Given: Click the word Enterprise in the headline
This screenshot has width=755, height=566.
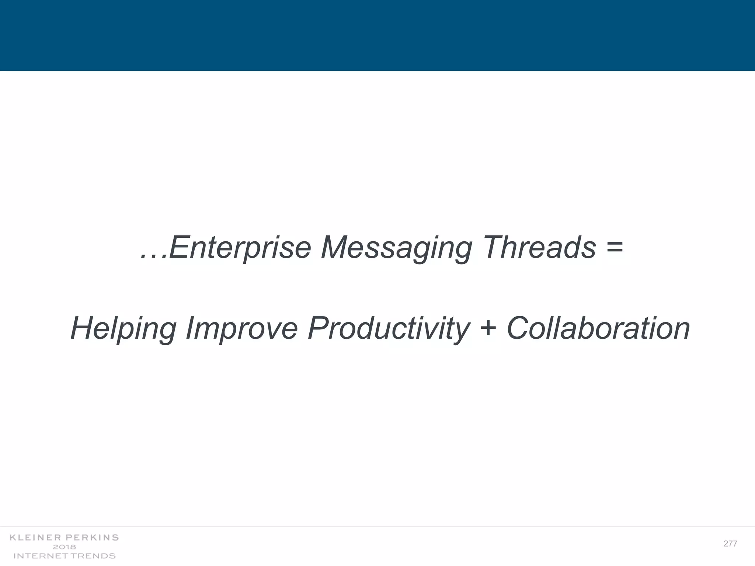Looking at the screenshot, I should click(x=240, y=248).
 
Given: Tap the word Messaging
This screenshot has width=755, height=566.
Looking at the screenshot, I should click(x=396, y=248).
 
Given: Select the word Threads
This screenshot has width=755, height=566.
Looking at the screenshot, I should click(x=539, y=247).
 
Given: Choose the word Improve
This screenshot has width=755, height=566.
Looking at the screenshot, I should click(x=241, y=329).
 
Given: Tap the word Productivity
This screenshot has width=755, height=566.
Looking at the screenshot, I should click(x=388, y=329).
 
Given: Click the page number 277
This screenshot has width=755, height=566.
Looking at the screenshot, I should click(x=730, y=544).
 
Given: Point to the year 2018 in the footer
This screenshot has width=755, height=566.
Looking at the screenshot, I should click(x=65, y=547).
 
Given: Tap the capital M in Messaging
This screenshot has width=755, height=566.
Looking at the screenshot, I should click(x=334, y=247).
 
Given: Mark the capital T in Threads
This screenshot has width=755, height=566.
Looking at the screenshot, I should click(x=492, y=247).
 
